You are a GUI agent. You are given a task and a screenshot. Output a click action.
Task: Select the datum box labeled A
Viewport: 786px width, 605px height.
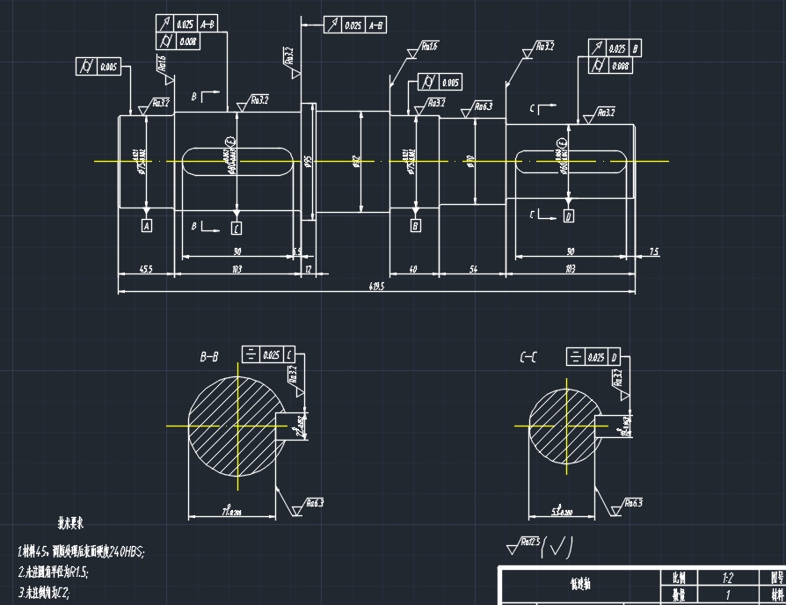[146, 226]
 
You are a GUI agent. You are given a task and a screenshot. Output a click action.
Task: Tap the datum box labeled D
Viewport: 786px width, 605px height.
[568, 215]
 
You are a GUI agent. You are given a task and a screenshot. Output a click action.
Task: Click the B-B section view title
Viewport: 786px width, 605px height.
[209, 357]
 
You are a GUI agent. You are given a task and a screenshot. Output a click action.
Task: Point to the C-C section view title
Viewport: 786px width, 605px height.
[528, 357]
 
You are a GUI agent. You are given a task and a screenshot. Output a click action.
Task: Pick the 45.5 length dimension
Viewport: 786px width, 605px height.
[146, 269]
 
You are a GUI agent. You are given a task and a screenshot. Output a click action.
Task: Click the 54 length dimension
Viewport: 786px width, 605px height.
[472, 269]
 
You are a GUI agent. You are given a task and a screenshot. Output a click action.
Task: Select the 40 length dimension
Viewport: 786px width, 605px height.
[413, 269]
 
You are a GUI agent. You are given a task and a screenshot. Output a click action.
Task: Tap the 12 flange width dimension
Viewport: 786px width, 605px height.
[308, 269]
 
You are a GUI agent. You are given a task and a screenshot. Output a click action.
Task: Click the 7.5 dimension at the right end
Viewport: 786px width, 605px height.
[653, 252]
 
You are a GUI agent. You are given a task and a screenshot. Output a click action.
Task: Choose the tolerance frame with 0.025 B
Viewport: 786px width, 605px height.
[615, 48]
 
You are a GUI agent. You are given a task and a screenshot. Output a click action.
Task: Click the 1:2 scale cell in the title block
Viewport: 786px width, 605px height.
[727, 579]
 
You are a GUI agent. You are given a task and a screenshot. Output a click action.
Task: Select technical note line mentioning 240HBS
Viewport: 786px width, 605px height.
[81, 551]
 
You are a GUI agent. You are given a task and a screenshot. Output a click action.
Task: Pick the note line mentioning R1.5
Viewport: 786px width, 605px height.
[54, 571]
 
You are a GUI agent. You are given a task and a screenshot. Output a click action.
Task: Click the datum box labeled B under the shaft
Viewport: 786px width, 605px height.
[416, 226]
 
